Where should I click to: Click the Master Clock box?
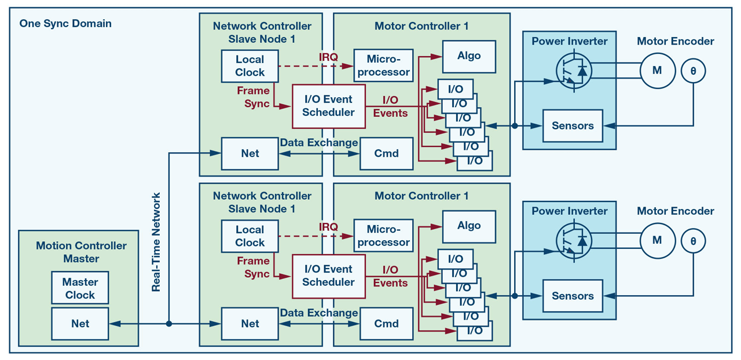(80, 288)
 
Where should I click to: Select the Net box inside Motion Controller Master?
(80, 324)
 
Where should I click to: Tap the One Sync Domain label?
(65, 24)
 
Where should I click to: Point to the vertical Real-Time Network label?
(156, 242)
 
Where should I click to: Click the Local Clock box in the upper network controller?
(250, 66)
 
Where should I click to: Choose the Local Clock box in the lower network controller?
(250, 236)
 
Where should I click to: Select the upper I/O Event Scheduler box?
(328, 106)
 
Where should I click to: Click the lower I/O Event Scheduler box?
(328, 276)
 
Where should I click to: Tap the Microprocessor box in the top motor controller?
(383, 66)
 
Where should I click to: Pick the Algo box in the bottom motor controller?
(469, 226)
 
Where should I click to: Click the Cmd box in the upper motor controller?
(386, 153)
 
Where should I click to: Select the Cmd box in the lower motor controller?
(386, 324)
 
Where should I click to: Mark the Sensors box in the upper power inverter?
(572, 126)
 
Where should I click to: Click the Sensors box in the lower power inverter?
(572, 296)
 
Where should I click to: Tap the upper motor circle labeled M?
(657, 71)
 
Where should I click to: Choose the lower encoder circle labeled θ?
(693, 241)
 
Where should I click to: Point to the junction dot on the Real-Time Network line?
(168, 324)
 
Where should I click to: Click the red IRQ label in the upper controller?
(328, 57)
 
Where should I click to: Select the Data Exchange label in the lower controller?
(319, 313)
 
